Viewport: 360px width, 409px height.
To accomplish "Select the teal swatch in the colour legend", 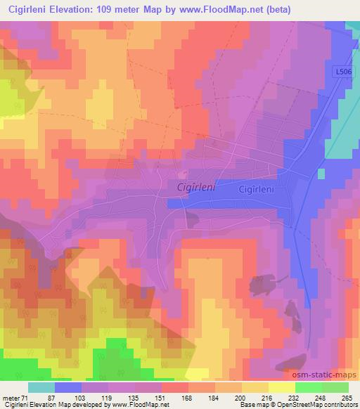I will point(41,387).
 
